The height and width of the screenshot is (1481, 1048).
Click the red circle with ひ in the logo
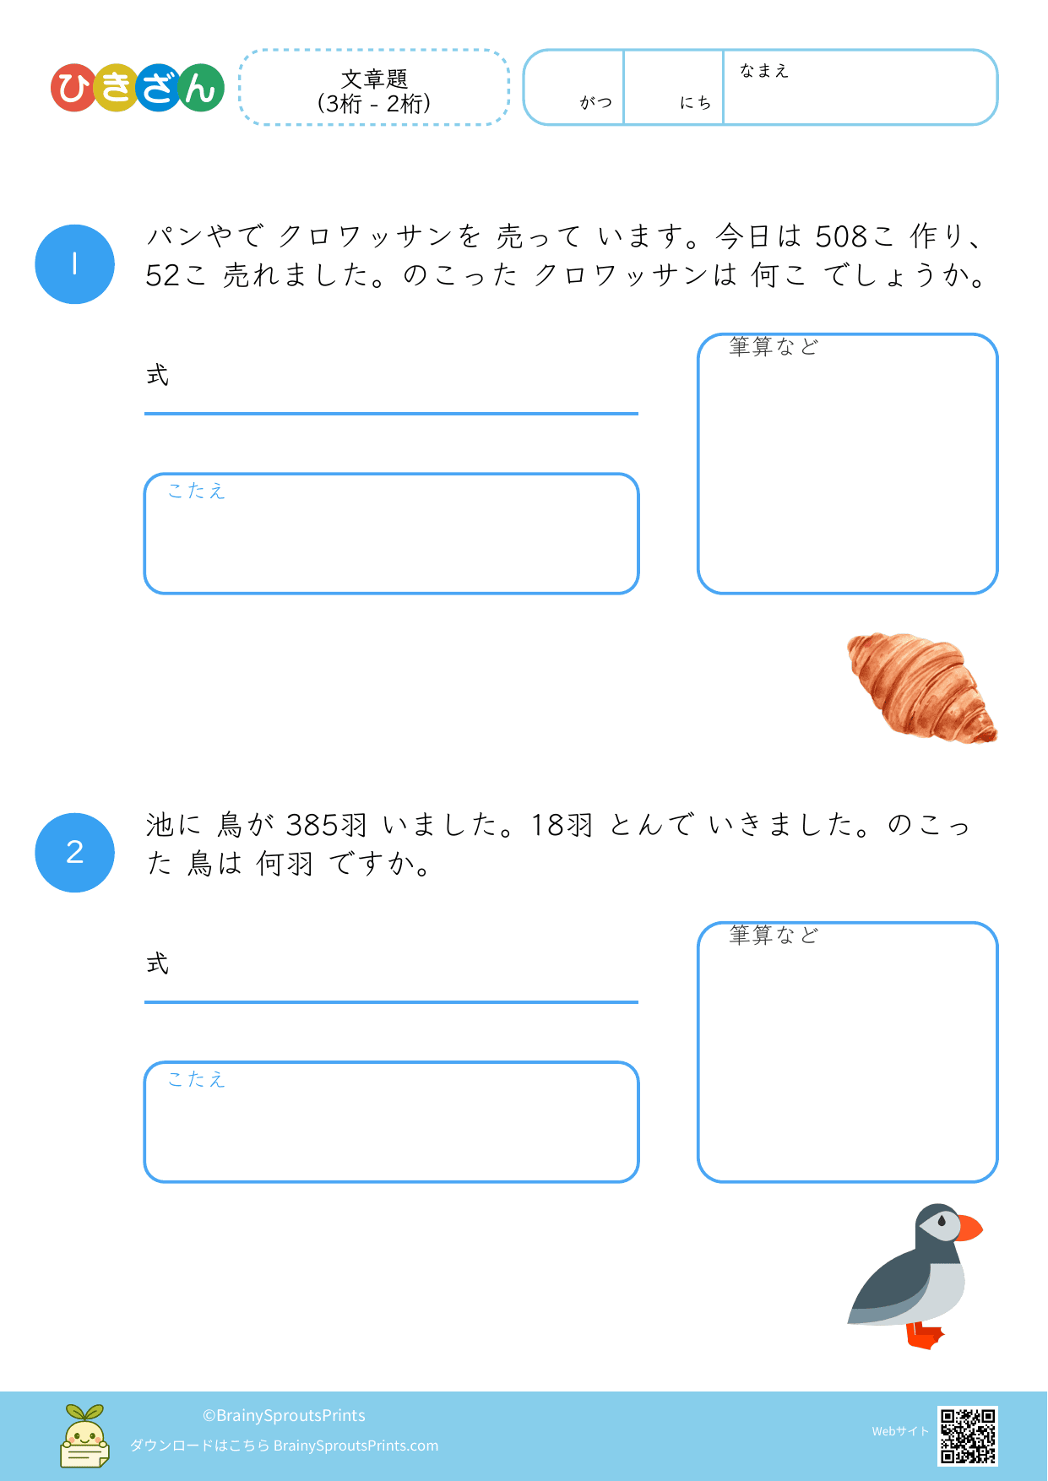(74, 88)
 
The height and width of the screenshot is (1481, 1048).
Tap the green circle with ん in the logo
(200, 88)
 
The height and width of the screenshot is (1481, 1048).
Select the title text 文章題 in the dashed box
(374, 79)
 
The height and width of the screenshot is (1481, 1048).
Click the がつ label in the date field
(596, 102)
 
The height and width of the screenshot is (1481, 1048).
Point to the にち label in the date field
(696, 102)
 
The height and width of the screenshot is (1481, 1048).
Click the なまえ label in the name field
(764, 71)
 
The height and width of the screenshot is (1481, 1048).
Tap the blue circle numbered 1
(74, 264)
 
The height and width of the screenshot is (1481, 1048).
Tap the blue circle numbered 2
(74, 853)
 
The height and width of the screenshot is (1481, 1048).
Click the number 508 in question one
(842, 236)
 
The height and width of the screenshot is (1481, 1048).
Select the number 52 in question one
(162, 275)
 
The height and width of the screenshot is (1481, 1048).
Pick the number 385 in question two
(312, 825)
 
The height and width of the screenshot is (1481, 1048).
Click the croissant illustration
(921, 687)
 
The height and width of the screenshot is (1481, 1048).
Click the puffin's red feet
(925, 1336)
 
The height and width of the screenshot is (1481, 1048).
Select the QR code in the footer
(968, 1435)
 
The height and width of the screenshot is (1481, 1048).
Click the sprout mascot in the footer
(84, 1435)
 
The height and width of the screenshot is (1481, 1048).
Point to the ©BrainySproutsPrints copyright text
(284, 1415)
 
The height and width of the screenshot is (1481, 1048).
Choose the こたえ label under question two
(196, 1079)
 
